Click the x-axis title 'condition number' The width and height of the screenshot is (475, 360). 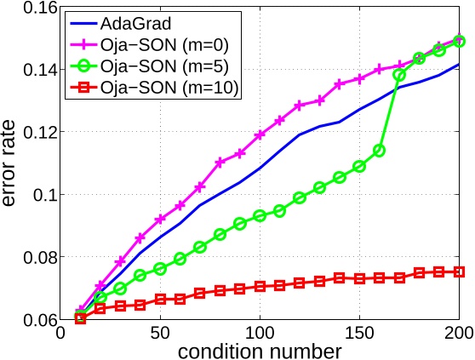[x=260, y=349]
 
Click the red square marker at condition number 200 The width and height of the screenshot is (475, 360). [x=459, y=271]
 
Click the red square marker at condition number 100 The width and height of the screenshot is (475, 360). [x=260, y=287]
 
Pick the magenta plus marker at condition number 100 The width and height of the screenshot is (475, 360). [x=260, y=134]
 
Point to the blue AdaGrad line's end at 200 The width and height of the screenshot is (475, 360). [x=459, y=65]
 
